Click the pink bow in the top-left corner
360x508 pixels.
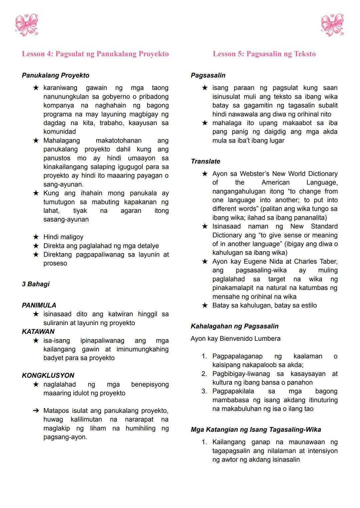point(27,25)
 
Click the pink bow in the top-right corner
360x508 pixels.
point(332,25)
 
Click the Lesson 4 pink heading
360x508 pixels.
point(95,54)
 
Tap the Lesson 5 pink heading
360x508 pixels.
point(264,54)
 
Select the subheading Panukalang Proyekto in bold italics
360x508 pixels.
point(55,75)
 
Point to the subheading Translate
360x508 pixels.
point(205,161)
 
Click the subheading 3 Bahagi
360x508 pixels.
point(36,284)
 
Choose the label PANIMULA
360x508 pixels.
point(39,305)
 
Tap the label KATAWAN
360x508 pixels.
point(38,331)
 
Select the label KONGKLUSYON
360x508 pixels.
point(48,375)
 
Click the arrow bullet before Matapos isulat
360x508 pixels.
point(36,411)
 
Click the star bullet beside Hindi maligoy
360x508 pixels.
point(36,237)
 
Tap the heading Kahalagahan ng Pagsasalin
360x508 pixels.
point(234,326)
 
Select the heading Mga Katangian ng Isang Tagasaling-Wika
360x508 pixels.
point(256,429)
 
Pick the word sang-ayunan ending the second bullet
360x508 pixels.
point(63,184)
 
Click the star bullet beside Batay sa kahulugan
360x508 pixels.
point(205,305)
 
